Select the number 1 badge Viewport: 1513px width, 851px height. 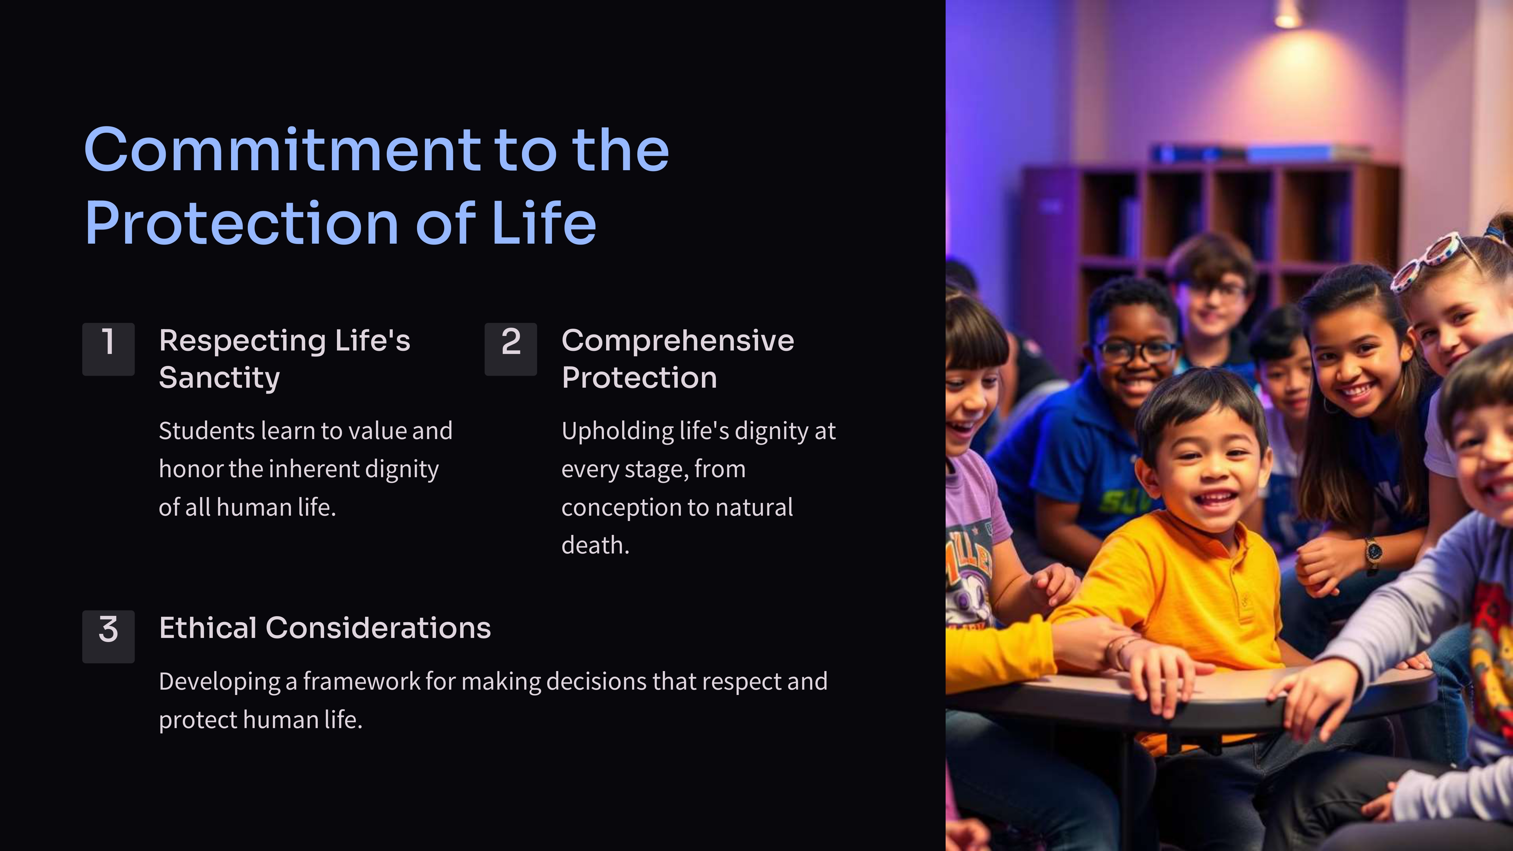(x=108, y=349)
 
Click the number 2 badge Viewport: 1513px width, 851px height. (x=510, y=349)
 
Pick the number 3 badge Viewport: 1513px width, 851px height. (x=108, y=637)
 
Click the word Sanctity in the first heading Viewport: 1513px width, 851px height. (x=219, y=378)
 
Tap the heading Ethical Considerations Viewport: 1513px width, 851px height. (x=325, y=628)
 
